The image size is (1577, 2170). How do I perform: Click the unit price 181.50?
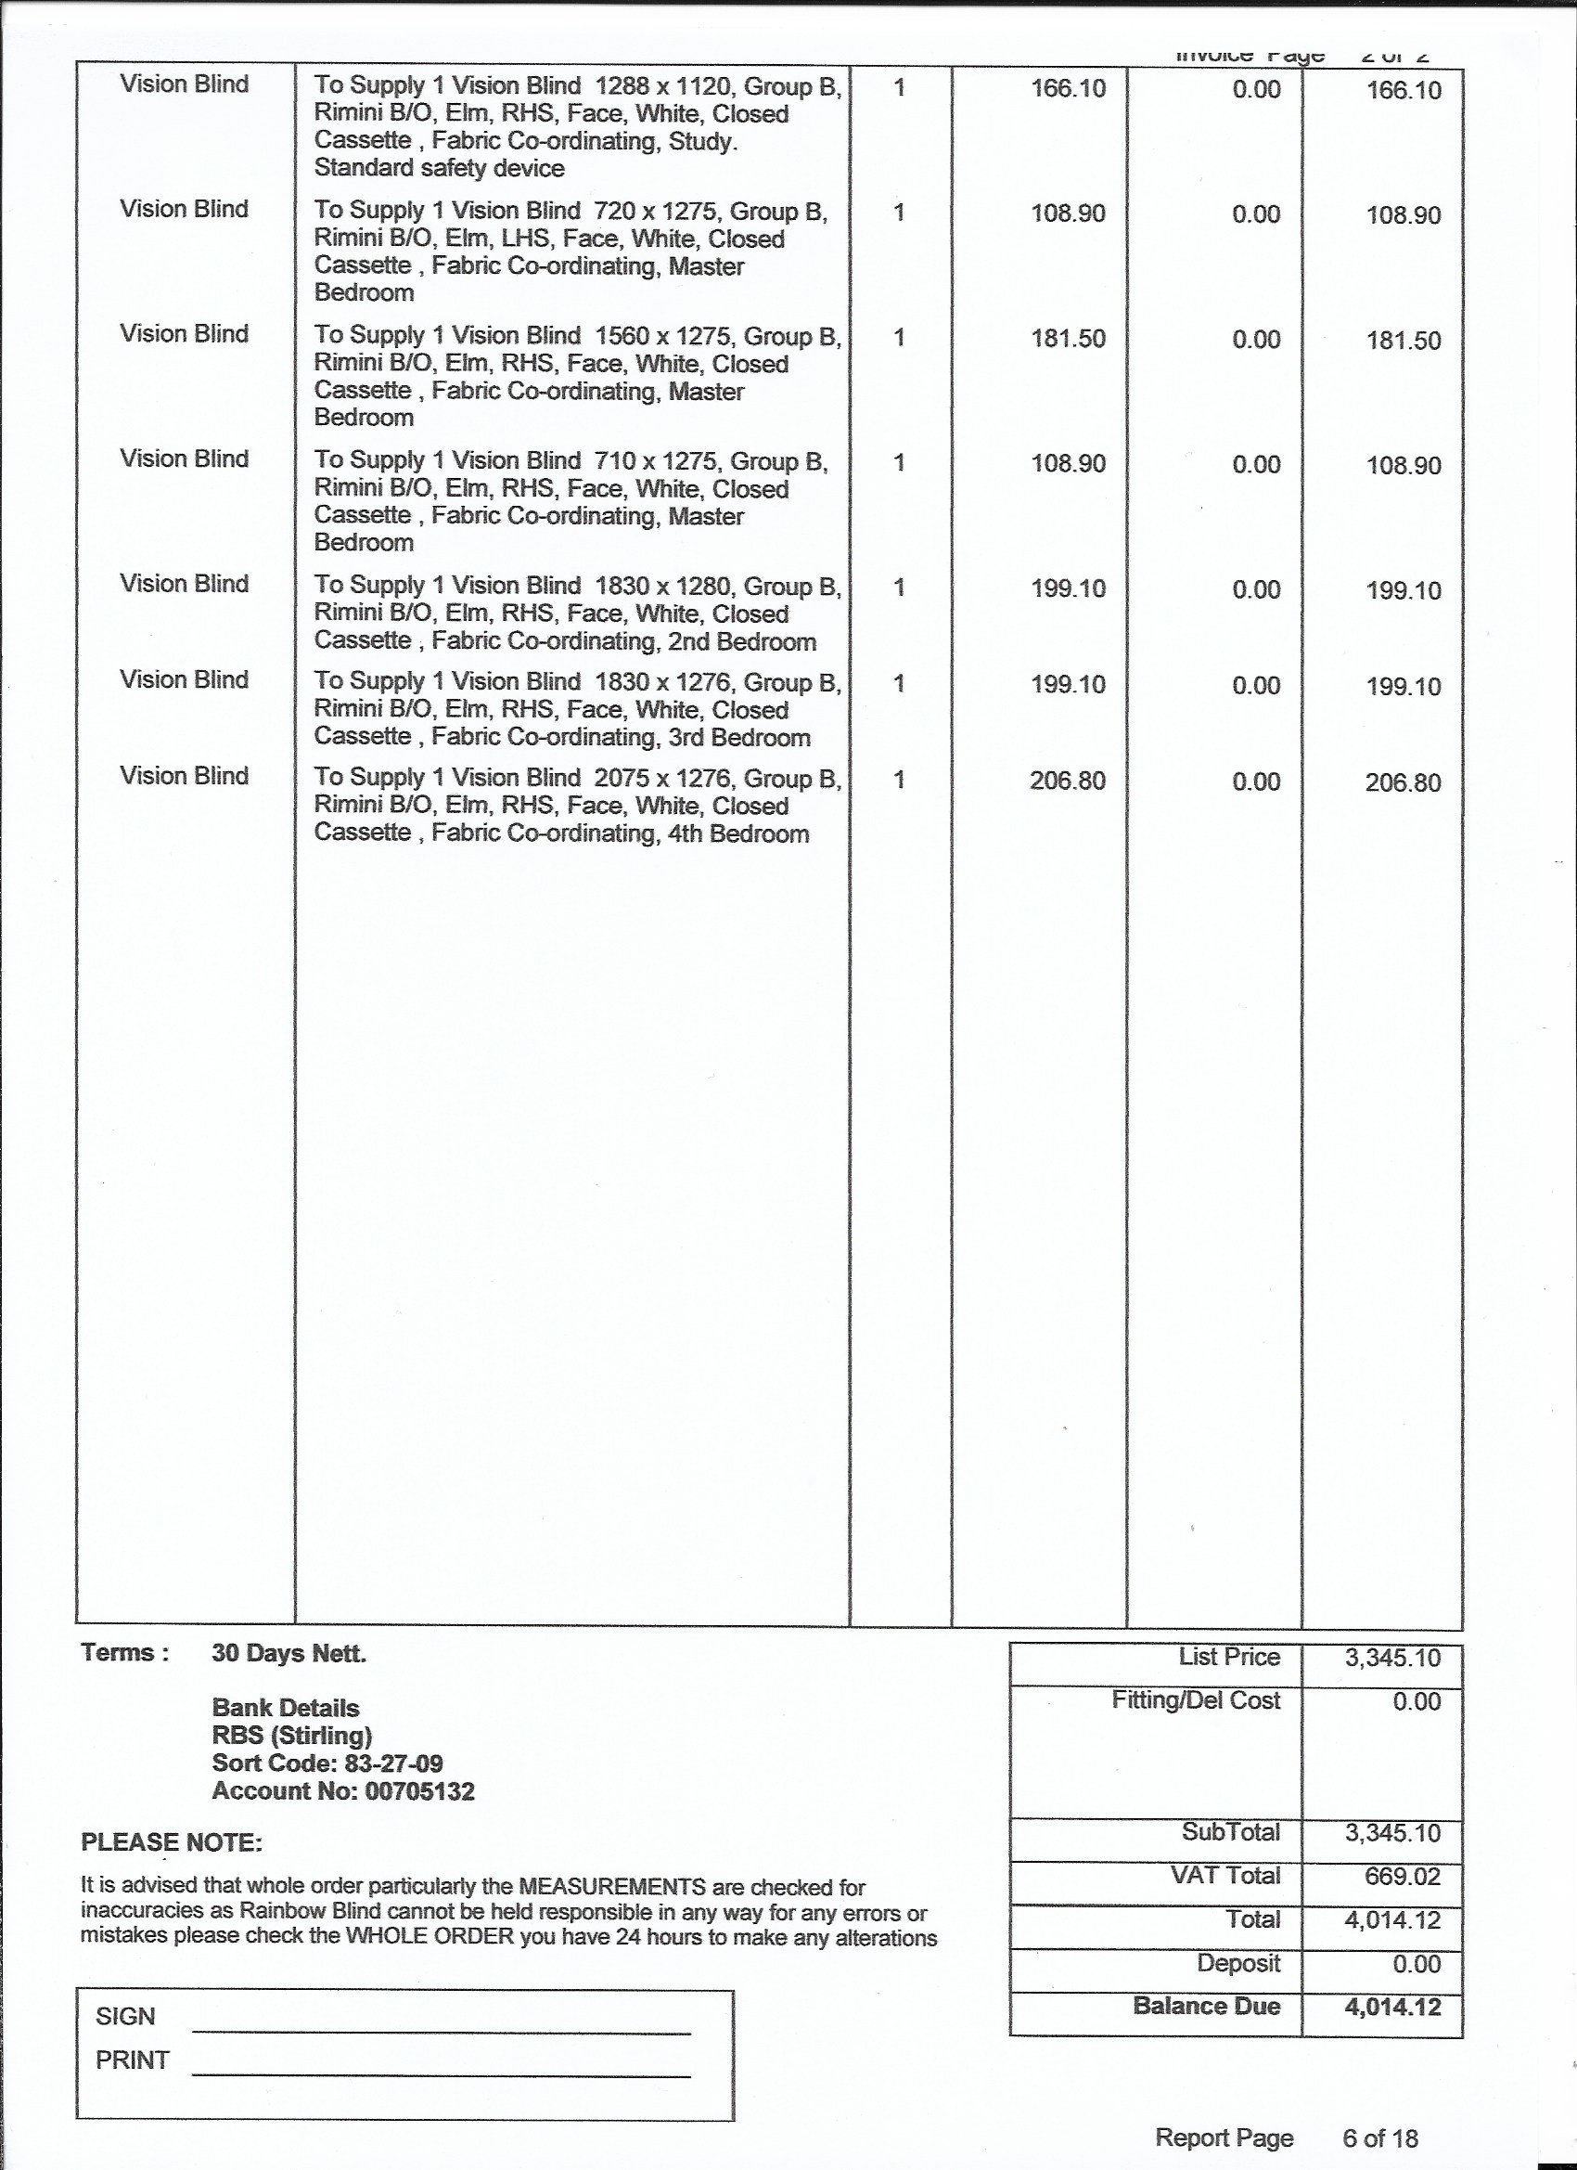tap(1068, 339)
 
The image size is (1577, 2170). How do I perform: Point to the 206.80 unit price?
tap(1068, 781)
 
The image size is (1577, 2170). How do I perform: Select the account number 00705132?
tap(420, 1791)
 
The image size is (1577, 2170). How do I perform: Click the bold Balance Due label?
tap(1206, 1998)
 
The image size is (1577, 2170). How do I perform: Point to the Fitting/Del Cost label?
tap(1196, 1700)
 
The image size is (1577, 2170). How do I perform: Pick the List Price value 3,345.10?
tap(1392, 1658)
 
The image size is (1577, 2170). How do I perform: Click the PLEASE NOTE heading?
tap(172, 1842)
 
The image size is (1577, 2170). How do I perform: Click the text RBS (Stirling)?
tap(291, 1736)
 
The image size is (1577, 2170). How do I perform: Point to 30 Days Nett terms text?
tap(288, 1653)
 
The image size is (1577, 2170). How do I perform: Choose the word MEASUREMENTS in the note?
tap(612, 1888)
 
